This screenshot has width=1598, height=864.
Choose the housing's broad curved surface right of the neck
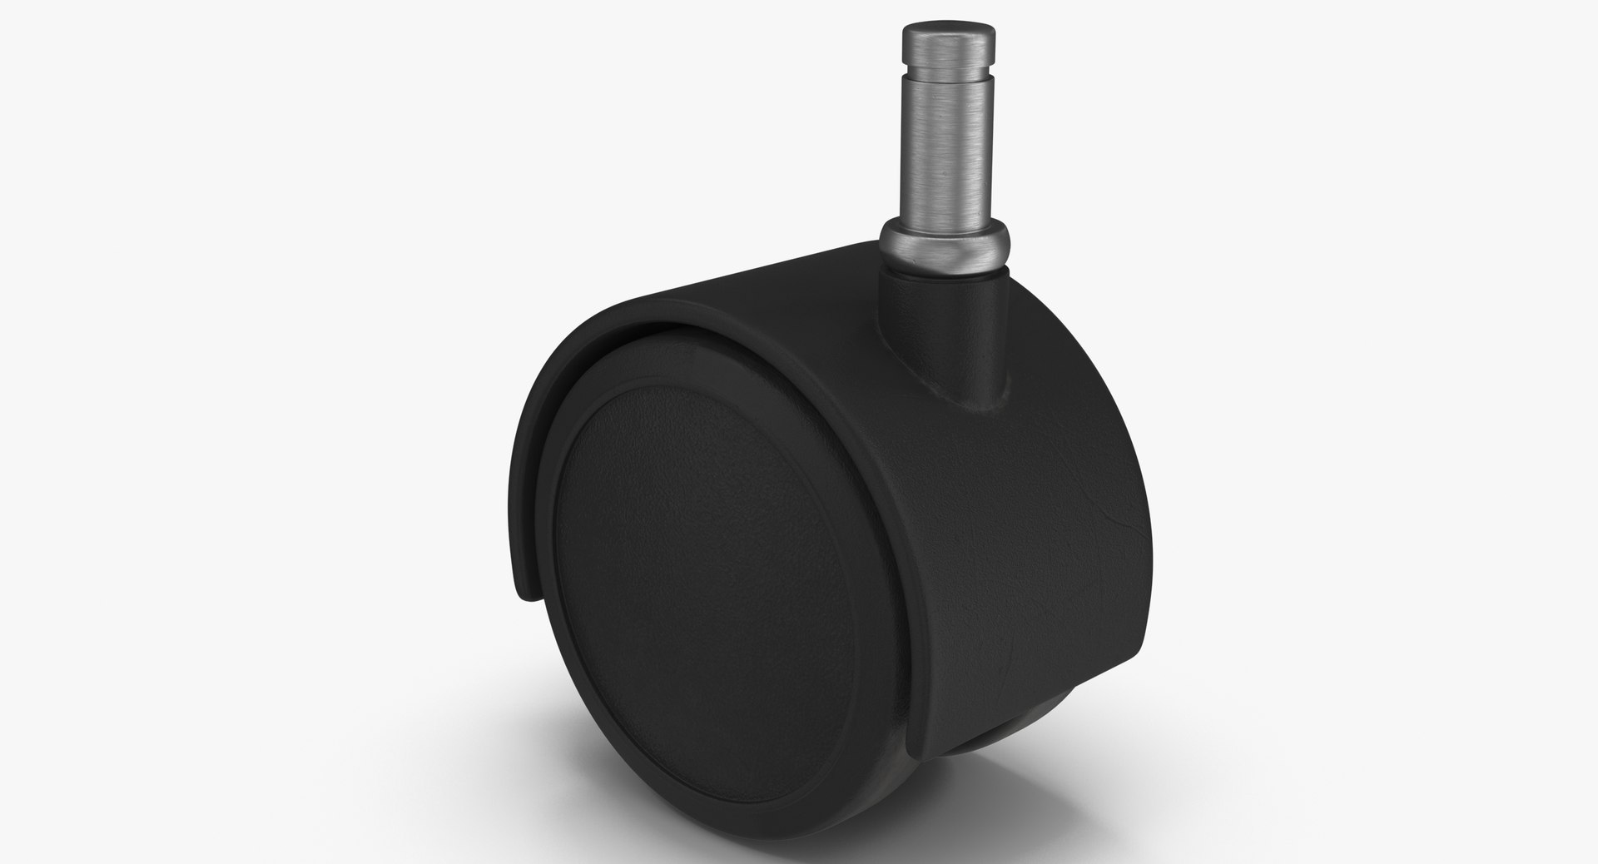click(x=1049, y=466)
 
